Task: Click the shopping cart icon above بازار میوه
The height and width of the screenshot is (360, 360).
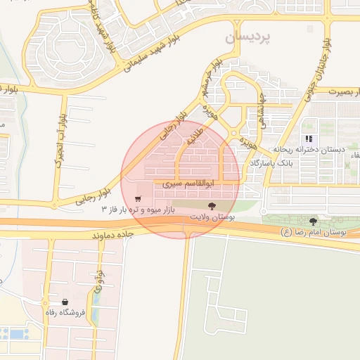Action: (x=138, y=198)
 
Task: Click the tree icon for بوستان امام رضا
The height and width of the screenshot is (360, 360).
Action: (x=313, y=221)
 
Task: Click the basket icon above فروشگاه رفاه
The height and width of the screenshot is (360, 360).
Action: (x=65, y=300)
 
